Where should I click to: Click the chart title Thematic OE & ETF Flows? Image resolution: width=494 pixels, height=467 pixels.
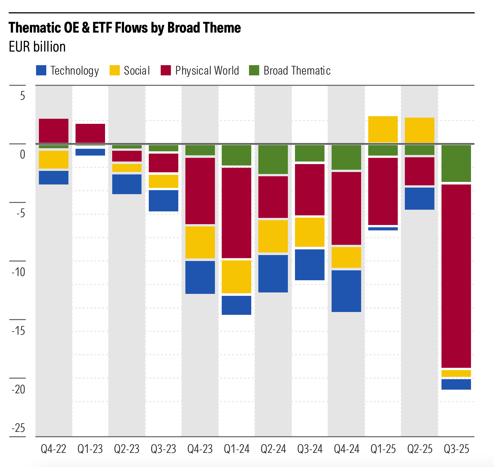[x=125, y=28]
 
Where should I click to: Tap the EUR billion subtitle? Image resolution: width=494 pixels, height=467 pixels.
[x=37, y=47]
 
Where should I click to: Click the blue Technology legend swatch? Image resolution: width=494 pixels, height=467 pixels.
[x=41, y=70]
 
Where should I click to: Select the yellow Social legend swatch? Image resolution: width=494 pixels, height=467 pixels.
[x=114, y=70]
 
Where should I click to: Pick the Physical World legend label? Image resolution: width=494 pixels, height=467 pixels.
[x=207, y=71]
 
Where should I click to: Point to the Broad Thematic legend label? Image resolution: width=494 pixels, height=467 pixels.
[x=297, y=71]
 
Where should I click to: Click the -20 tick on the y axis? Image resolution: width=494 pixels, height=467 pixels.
[x=18, y=389]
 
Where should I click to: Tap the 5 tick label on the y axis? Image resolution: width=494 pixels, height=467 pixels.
[x=22, y=96]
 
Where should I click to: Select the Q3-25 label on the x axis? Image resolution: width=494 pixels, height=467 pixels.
[x=456, y=449]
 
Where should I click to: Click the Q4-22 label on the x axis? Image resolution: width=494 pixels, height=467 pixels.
[x=53, y=449]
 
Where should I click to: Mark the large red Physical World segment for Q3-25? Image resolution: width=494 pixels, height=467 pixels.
[x=456, y=276]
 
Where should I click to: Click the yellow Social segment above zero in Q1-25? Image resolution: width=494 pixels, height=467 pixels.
[x=383, y=129]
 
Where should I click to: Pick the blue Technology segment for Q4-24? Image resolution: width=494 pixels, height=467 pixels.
[x=346, y=291]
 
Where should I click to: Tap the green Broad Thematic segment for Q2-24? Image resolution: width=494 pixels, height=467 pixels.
[x=273, y=159]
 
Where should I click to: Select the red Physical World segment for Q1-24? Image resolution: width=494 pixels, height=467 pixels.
[x=236, y=213]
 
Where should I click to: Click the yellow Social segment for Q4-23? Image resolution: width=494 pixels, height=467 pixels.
[x=200, y=242]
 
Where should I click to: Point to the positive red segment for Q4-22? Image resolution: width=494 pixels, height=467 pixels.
[x=54, y=131]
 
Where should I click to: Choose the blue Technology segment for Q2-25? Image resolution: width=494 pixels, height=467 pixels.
[x=420, y=198]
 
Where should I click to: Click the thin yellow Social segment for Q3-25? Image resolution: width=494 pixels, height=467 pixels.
[x=456, y=373]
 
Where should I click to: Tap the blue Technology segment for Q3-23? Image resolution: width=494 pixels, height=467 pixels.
[x=164, y=201]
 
